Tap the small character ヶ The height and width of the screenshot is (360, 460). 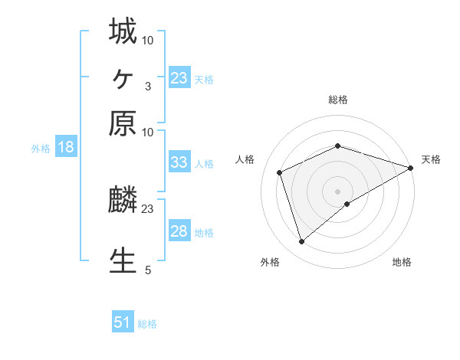tap(123, 78)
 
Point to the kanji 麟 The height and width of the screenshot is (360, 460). tap(123, 201)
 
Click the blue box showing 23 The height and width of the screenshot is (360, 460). tap(179, 77)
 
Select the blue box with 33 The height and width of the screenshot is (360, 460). tap(179, 162)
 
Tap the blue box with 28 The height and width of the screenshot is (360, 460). tap(179, 231)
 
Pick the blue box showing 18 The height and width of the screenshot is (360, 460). tap(66, 147)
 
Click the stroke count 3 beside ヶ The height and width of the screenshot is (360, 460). tap(147, 86)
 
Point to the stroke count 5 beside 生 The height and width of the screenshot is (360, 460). tap(147, 270)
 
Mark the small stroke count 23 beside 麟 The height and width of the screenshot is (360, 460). tap(147, 208)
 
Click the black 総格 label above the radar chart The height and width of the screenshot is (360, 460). tap(338, 100)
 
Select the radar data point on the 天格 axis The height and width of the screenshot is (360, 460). tap(411, 168)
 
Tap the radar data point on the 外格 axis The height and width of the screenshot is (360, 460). tap(302, 242)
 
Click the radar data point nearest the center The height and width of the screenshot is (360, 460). tap(347, 203)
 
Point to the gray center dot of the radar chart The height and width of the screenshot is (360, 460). tap(338, 190)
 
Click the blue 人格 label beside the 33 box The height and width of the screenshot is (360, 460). tap(205, 163)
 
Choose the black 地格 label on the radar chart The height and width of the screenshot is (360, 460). tap(402, 263)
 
